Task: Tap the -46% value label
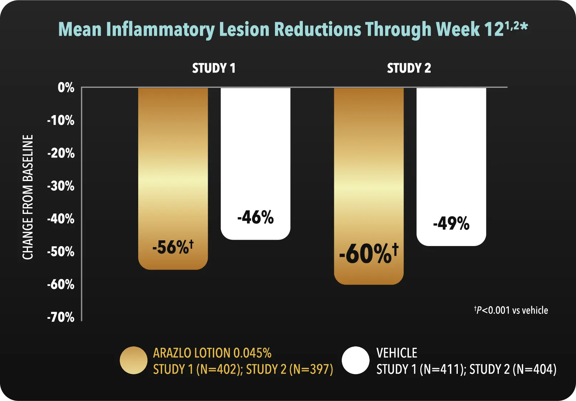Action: [x=255, y=217]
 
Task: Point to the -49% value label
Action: [x=451, y=224]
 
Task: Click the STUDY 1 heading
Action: [x=214, y=68]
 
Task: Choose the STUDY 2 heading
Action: [x=409, y=68]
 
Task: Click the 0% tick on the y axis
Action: [x=66, y=87]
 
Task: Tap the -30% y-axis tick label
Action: [x=61, y=186]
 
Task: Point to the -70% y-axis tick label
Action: [x=61, y=317]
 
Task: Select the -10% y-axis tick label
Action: [x=61, y=120]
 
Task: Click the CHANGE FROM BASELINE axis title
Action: [x=28, y=197]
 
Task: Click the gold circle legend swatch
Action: [x=134, y=360]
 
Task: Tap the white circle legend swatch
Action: [x=355, y=360]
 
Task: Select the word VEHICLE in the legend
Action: [x=397, y=353]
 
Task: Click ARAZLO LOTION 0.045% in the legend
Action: [x=212, y=353]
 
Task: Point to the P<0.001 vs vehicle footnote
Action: [x=511, y=310]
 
